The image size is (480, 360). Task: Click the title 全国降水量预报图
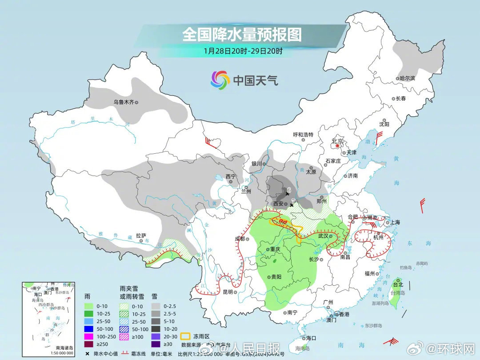click(242, 34)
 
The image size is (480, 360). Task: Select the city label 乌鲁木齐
click(123, 102)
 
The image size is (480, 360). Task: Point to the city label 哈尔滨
click(407, 78)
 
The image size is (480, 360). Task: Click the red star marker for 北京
click(338, 145)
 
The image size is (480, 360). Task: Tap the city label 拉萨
click(141, 236)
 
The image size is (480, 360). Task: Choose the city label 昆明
click(228, 292)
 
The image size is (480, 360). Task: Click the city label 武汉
click(323, 236)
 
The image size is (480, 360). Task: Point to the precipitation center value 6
click(288, 190)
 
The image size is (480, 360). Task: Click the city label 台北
click(397, 284)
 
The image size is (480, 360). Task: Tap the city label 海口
click(311, 338)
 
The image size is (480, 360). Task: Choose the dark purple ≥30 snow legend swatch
click(156, 343)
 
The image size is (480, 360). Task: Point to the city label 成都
click(240, 239)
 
